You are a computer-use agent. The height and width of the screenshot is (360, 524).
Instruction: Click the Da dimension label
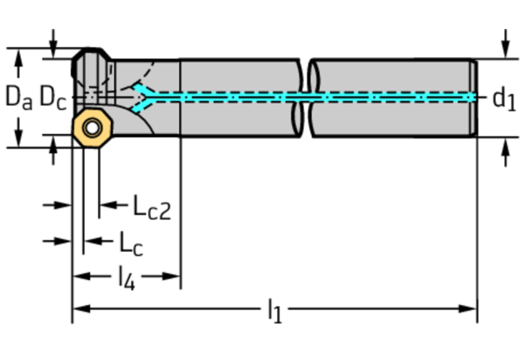point(19,97)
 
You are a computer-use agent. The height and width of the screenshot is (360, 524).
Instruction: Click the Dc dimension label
point(52,97)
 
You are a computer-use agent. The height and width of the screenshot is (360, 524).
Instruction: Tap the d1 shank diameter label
point(504,99)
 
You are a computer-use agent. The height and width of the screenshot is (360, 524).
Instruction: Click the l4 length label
point(125,277)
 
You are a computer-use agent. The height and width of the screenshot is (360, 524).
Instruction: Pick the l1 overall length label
point(273,311)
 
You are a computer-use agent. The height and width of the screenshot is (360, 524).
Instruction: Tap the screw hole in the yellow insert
point(92,128)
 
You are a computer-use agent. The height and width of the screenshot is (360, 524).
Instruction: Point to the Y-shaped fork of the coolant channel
point(143,95)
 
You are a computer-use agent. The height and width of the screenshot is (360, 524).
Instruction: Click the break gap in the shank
point(305,98)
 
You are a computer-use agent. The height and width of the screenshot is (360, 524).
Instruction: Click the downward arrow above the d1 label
point(503,49)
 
